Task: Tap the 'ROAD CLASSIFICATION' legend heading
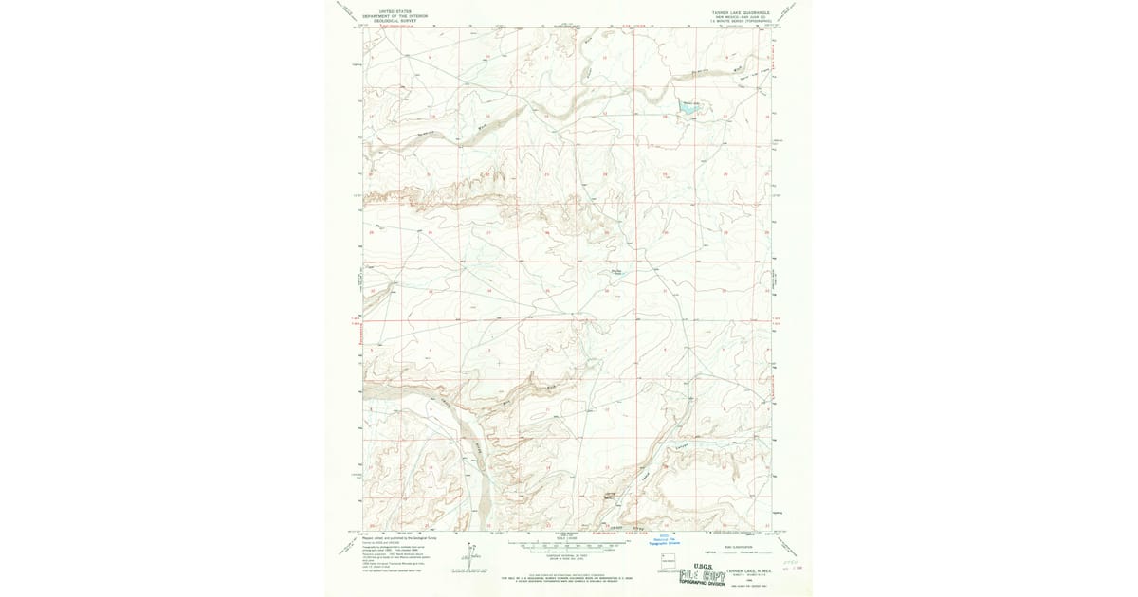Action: point(735,546)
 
